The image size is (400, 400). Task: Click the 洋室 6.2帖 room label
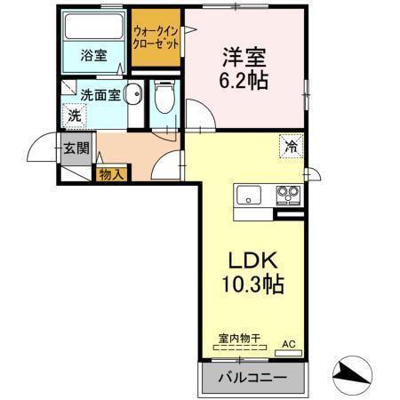point(244,68)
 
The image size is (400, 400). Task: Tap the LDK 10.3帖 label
point(252,272)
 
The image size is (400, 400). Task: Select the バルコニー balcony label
point(252,378)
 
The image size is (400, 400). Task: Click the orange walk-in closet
point(156,37)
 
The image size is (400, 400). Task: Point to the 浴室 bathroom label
point(93,55)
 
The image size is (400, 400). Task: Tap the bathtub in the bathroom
point(93,27)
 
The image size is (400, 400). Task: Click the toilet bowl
point(164,97)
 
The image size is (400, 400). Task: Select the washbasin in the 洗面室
point(133,94)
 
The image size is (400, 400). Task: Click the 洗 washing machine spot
point(75,116)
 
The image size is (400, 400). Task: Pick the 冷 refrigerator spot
point(292,147)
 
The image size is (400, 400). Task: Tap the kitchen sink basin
point(249,195)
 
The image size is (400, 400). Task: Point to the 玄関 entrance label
point(76,148)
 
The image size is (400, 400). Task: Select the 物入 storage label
point(111,174)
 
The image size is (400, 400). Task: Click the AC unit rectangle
point(288,353)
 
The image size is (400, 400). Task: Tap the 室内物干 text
point(239,338)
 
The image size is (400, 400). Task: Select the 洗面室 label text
point(100,95)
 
